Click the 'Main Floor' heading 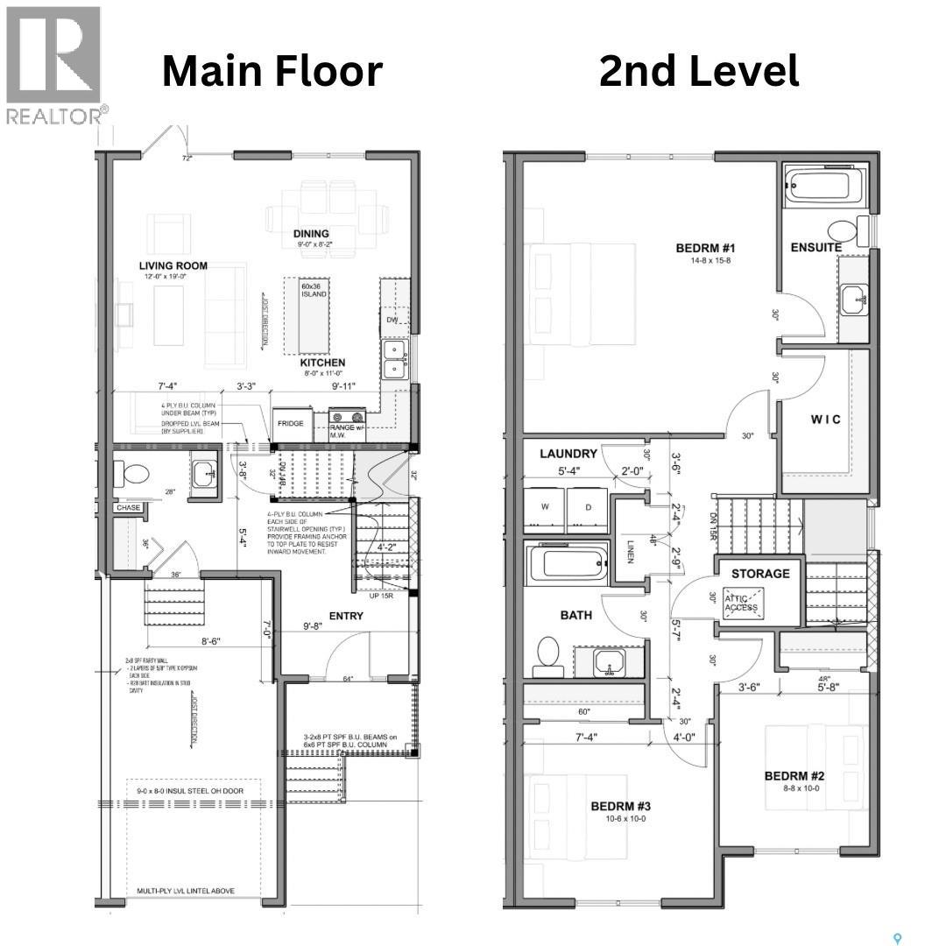pyautogui.click(x=272, y=71)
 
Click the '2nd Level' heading pyautogui.click(x=698, y=71)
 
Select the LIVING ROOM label pyautogui.click(x=173, y=265)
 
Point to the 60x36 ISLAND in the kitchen pyautogui.click(x=314, y=289)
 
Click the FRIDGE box pyautogui.click(x=290, y=424)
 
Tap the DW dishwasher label pyautogui.click(x=392, y=321)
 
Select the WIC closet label pyautogui.click(x=825, y=420)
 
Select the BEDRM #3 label pyautogui.click(x=620, y=806)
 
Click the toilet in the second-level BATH pyautogui.click(x=548, y=653)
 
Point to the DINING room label pyautogui.click(x=311, y=233)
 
